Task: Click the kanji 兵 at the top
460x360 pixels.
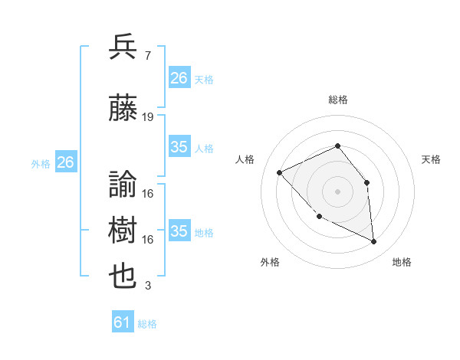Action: [123, 47]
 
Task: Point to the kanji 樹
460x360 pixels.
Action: [123, 231]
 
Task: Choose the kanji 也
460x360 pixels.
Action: [123, 277]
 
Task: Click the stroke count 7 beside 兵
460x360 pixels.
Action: [146, 56]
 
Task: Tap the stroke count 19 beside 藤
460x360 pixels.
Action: [148, 117]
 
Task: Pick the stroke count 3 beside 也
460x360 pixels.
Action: [147, 286]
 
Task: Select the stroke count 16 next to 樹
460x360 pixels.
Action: [148, 240]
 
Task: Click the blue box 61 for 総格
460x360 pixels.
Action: [123, 322]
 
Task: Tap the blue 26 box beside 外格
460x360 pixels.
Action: [66, 162]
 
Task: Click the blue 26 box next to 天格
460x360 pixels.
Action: [179, 78]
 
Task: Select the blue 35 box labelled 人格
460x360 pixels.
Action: [179, 147]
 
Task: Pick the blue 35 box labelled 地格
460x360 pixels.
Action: [179, 231]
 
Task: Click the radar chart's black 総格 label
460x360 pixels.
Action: [337, 100]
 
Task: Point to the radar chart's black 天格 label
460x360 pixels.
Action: [431, 159]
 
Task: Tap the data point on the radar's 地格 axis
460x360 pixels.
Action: [374, 242]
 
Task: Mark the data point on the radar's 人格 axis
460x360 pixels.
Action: [280, 172]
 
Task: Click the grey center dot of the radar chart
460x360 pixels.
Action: [337, 191]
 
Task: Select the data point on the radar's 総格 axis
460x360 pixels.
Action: [337, 146]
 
